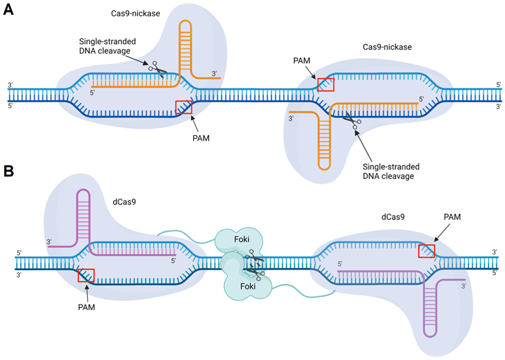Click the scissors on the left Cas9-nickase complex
click(159, 69)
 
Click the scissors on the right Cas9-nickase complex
click(352, 121)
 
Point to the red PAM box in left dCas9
click(86, 276)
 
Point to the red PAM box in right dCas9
click(426, 251)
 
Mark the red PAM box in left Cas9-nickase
click(184, 106)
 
